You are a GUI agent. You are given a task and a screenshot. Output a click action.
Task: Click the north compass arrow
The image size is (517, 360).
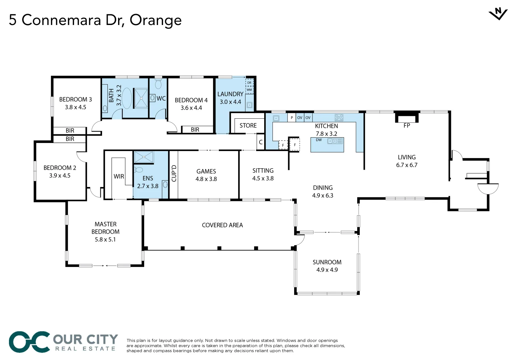tap(498, 14)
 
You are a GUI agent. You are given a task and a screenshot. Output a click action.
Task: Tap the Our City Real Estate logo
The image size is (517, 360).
tap(63, 342)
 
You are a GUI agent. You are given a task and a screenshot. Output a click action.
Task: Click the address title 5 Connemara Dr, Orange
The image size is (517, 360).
tap(95, 20)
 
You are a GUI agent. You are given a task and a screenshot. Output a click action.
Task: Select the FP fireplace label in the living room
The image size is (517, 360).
tap(407, 126)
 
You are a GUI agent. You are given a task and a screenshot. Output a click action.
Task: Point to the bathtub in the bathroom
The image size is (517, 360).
tap(127, 98)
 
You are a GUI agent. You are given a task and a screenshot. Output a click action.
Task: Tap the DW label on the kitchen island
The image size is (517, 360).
tap(319, 140)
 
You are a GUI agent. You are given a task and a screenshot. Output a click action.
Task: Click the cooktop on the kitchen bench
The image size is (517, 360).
tap(339, 117)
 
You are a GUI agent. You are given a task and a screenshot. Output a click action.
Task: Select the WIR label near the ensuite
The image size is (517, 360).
tap(119, 176)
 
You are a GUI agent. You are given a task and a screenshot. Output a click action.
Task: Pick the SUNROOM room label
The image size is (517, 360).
tap(327, 262)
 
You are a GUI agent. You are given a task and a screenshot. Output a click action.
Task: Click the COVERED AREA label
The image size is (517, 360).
tap(222, 225)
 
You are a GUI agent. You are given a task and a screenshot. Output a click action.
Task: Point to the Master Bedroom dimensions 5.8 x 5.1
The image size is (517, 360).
tap(105, 239)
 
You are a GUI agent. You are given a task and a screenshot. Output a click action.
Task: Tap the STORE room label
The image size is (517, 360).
tap(248, 126)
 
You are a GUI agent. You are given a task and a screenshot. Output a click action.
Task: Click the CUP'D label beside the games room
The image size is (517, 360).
tap(174, 173)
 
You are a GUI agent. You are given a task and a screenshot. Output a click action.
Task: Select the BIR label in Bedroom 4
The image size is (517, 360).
tap(195, 130)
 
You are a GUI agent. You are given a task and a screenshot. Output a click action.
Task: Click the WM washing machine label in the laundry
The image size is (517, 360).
tap(249, 90)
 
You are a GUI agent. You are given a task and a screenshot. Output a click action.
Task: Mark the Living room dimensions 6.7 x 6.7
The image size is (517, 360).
tap(407, 165)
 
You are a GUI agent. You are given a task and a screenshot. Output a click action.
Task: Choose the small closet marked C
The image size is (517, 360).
tap(261, 142)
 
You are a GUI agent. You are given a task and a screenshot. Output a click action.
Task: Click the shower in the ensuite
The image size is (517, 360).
tap(144, 157)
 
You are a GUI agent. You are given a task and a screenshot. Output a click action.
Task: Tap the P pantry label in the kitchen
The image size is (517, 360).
tap(292, 118)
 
